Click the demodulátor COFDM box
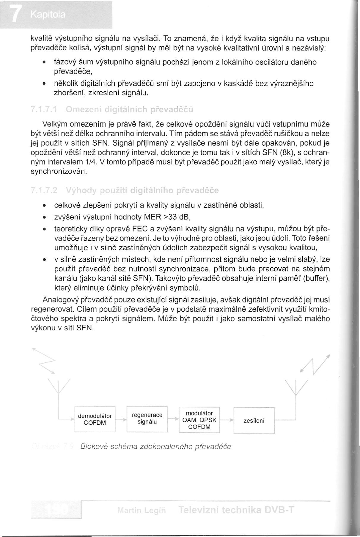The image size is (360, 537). point(95,419)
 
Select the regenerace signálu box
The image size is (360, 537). point(147,418)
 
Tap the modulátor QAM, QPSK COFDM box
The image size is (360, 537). point(199,420)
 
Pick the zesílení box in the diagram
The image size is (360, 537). point(254,421)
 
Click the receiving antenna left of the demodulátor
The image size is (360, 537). point(59,387)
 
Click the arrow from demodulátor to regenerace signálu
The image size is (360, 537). point(121,420)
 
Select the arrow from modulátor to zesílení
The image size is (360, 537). point(227,420)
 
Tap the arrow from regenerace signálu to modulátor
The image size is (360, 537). point(173,419)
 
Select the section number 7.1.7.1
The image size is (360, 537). point(45,109)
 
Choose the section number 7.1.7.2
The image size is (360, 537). point(45,190)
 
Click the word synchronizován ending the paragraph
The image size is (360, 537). point(59,172)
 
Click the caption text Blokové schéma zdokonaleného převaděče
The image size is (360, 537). point(155,447)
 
